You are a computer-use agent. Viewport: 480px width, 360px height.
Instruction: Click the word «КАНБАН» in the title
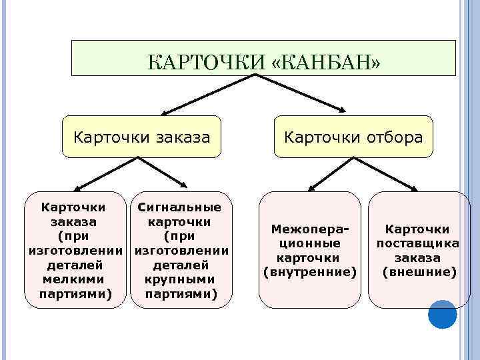(327, 63)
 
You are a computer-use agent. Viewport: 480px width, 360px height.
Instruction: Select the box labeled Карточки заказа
(141, 137)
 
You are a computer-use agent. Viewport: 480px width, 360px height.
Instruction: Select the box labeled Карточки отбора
(353, 137)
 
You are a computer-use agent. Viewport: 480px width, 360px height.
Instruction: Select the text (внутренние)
(311, 271)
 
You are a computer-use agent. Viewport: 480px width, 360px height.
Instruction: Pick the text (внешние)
(419, 271)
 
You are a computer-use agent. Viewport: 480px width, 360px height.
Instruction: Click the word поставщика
(418, 243)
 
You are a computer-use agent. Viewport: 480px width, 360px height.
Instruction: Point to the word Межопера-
(311, 229)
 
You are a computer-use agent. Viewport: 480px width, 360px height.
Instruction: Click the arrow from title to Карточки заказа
(207, 94)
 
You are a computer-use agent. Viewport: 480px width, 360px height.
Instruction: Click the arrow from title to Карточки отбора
(300, 94)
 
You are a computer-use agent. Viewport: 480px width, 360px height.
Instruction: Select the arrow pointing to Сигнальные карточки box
(164, 175)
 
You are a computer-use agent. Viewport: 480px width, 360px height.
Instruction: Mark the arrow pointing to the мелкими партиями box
(107, 175)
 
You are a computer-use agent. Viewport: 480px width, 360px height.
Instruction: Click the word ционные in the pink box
(311, 243)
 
